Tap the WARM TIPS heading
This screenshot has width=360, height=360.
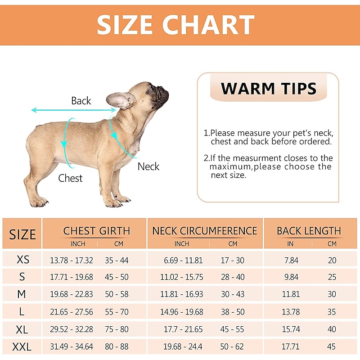pos(269,88)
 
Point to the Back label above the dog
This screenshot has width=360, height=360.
pos(81,101)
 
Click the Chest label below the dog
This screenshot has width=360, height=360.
pos(70,178)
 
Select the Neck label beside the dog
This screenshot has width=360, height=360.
pos(148,166)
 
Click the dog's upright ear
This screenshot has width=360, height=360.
pos(121,100)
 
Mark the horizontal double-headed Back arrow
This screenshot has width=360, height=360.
pos(67,110)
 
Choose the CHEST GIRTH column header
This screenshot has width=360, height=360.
pos(96,231)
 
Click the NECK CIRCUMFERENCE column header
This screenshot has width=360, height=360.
pos(205,231)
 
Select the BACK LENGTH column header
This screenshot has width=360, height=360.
pos(309,231)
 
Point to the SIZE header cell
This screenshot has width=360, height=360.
pos(22,234)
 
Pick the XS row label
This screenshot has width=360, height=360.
pos(23,260)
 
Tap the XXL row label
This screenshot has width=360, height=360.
pos(23,347)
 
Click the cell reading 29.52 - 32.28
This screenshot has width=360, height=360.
pos(72,329)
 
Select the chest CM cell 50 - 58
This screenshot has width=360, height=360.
pos(117,294)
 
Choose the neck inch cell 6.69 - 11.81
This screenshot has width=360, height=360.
pos(183,260)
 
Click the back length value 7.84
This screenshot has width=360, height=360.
pos(291,260)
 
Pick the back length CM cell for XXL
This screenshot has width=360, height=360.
pos(332,347)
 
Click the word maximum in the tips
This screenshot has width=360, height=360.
pos(230,167)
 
